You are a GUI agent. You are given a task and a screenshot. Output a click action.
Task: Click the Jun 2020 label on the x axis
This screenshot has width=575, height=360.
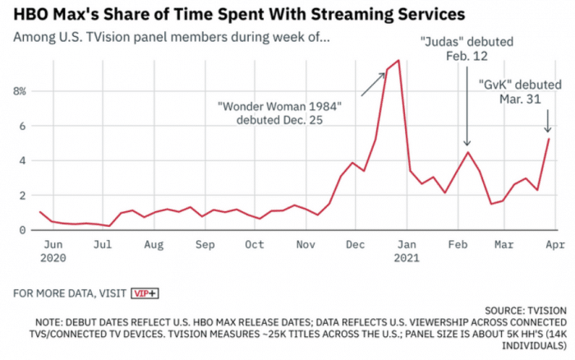tap(52, 250)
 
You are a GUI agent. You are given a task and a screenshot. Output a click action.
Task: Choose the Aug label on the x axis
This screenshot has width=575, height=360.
tap(154, 244)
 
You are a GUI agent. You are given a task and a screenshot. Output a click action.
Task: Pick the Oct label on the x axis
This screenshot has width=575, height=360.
tap(254, 244)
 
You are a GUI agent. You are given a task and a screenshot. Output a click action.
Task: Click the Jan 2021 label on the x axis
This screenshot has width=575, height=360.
tap(406, 250)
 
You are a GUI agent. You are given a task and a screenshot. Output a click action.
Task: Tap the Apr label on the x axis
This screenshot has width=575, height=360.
tap(556, 244)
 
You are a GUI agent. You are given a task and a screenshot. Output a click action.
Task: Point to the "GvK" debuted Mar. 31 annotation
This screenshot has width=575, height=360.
tap(519, 90)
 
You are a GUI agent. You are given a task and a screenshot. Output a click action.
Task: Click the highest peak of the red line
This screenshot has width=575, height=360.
tap(398, 60)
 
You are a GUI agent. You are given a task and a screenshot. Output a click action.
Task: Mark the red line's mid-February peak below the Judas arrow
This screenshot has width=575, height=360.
tap(467, 152)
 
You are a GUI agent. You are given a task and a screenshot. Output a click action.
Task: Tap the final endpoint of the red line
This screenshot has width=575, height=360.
tap(549, 138)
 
